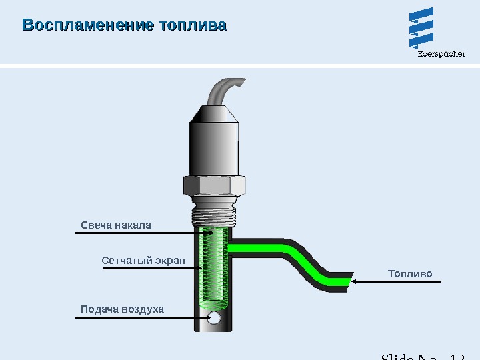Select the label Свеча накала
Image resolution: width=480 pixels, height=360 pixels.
click(x=116, y=225)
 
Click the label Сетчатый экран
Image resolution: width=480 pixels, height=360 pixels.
click(x=143, y=259)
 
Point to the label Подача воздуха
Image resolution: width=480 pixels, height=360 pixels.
click(x=122, y=309)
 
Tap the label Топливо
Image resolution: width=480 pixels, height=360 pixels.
click(x=410, y=274)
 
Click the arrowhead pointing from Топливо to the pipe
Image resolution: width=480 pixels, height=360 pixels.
click(x=355, y=282)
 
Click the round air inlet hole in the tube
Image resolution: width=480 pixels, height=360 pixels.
click(x=215, y=319)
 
